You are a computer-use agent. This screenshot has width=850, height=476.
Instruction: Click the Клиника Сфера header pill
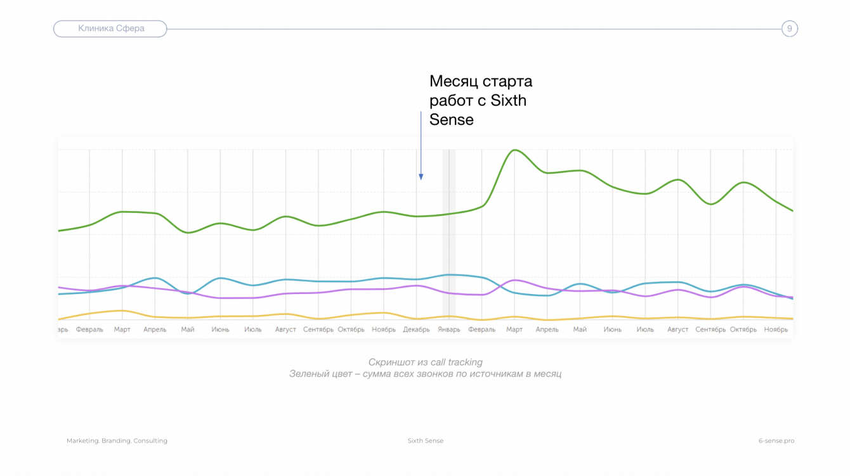[110, 29]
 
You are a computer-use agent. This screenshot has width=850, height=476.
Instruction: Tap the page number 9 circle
[789, 29]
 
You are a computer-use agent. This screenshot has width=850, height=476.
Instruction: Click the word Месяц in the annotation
[453, 82]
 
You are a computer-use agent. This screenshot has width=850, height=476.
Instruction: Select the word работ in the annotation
[450, 101]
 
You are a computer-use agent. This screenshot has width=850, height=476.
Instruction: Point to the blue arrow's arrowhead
[421, 177]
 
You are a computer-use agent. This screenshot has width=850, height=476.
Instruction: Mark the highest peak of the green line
[514, 150]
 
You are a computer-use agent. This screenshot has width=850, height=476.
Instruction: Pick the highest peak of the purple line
[516, 280]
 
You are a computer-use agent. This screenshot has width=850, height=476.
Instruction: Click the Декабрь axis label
[417, 330]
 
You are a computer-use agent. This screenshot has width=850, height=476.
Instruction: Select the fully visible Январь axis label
[449, 330]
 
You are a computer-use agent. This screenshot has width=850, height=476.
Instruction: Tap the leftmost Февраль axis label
[89, 330]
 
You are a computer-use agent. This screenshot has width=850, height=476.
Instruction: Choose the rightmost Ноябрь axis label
[776, 330]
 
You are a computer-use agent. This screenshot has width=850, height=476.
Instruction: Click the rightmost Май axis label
[580, 330]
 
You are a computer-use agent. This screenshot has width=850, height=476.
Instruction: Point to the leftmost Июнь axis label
[220, 330]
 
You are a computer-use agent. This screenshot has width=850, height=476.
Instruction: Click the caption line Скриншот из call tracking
[425, 363]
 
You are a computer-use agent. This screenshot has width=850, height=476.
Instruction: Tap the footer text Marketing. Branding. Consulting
[117, 441]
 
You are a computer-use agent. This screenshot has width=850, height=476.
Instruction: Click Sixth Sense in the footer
[425, 441]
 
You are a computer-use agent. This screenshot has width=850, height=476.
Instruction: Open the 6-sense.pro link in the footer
[776, 441]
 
